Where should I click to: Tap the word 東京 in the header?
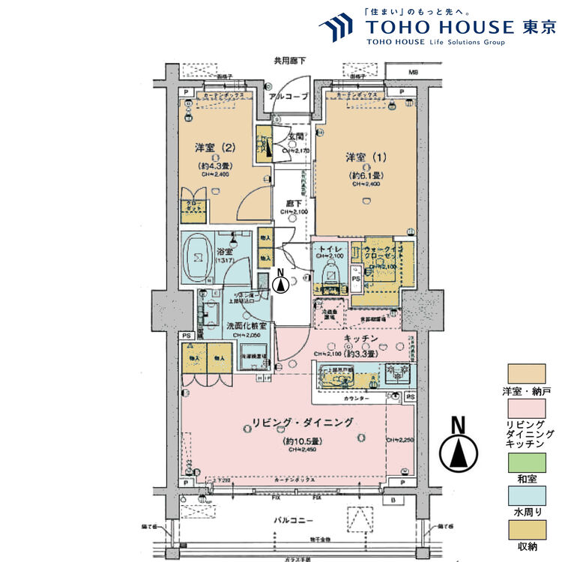click(540, 27)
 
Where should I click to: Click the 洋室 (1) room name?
click(367, 157)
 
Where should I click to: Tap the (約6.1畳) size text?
click(367, 176)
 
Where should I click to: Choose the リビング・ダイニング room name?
click(298, 423)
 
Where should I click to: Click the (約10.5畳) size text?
click(298, 442)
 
